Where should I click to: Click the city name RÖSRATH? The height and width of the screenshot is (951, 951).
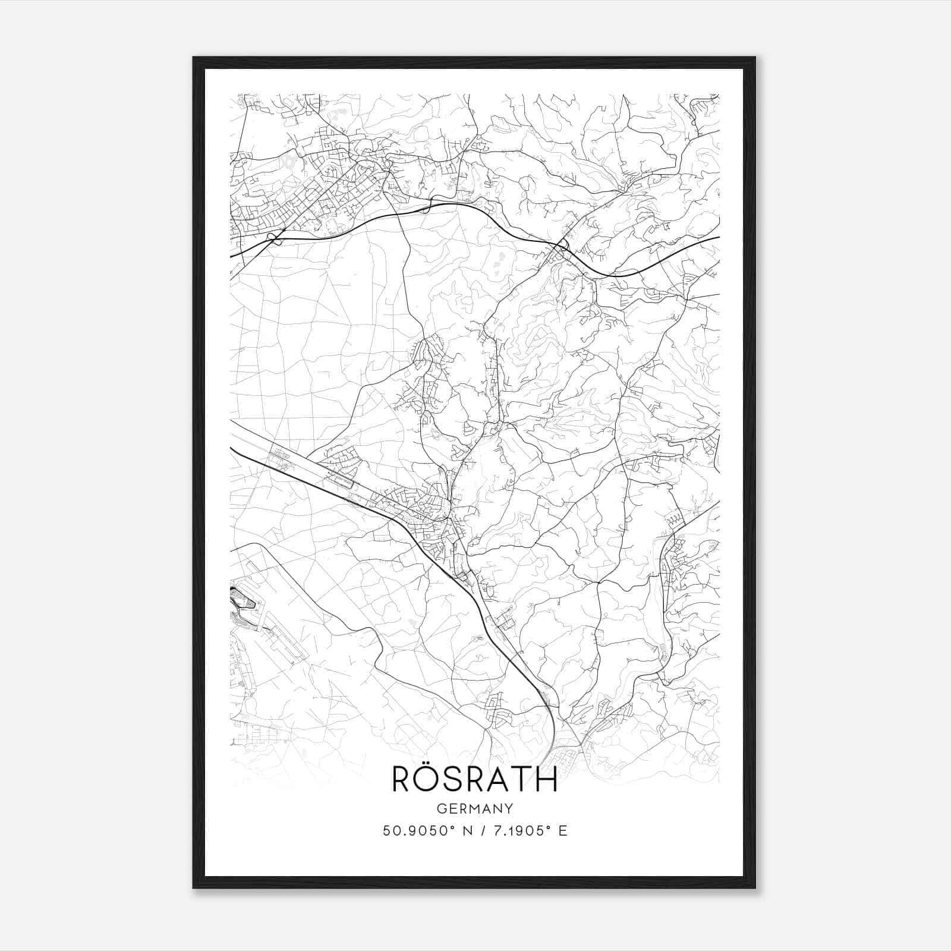click(474, 779)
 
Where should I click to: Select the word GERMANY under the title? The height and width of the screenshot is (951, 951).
click(475, 808)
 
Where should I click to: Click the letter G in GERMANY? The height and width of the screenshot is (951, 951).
click(440, 808)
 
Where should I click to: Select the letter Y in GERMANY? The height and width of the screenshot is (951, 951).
click(509, 808)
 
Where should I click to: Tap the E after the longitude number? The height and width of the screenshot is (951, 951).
click(563, 830)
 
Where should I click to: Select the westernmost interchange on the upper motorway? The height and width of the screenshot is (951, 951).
click(274, 238)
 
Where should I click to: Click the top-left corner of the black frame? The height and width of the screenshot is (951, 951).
click(194, 58)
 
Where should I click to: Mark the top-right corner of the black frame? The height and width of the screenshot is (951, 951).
click(755, 58)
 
